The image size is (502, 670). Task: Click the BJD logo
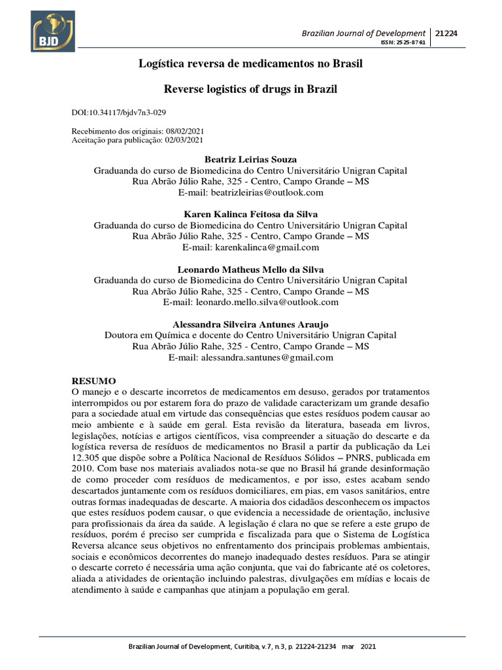[x=53, y=31]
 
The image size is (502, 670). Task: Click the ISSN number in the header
[x=403, y=43]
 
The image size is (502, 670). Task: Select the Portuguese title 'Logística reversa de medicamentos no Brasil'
[x=250, y=64]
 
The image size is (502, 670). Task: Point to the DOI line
[x=123, y=113]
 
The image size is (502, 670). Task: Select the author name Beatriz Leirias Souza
[x=250, y=160]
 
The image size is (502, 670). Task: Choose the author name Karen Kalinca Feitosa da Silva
[x=250, y=214]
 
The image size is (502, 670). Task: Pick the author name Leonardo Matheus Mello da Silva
[x=250, y=269]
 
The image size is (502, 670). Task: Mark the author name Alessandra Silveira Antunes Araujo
[x=250, y=325]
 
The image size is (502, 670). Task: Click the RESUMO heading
[x=93, y=380]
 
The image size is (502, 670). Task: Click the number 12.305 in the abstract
[x=85, y=458]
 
